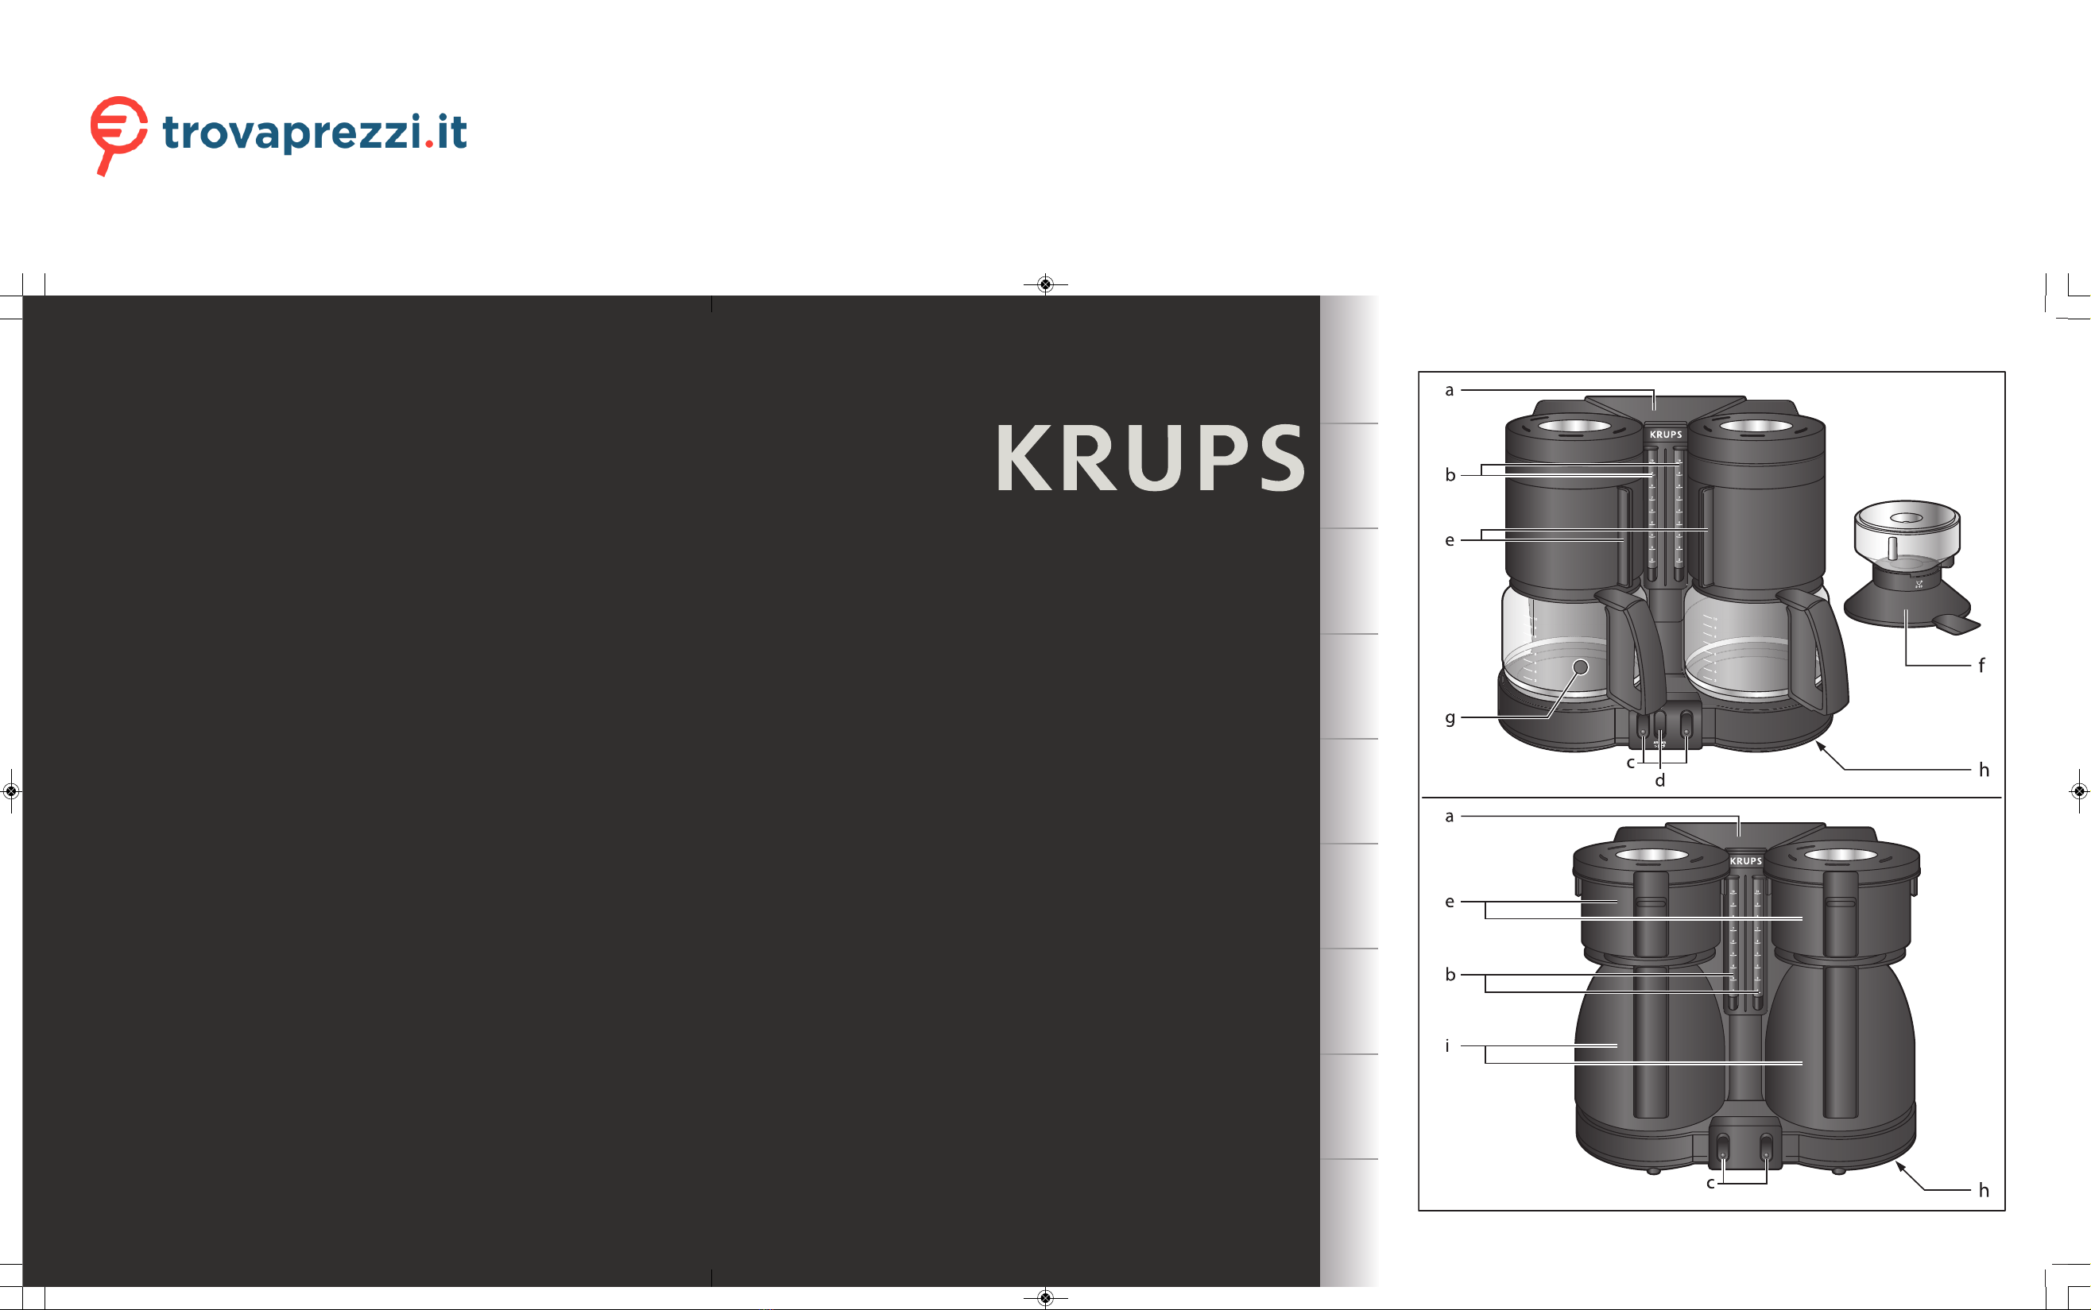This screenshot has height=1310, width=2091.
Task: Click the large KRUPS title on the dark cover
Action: click(1150, 458)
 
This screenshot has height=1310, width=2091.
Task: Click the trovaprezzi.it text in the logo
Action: click(315, 133)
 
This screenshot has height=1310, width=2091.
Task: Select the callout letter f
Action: click(1981, 666)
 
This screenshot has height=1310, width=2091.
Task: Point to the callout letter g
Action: click(1450, 718)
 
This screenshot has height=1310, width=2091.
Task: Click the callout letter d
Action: click(1659, 781)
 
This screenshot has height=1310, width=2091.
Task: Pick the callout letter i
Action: click(1447, 1045)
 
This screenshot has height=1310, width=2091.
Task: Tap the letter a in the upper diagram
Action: click(1449, 391)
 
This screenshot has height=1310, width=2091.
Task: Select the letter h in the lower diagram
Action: click(1984, 1190)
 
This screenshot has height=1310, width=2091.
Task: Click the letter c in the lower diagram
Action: click(1710, 1184)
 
